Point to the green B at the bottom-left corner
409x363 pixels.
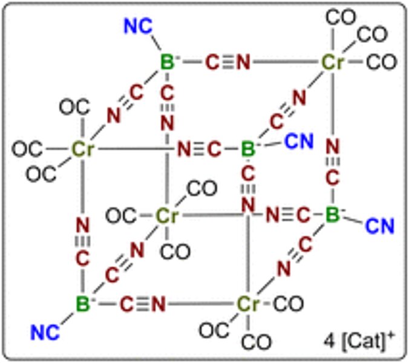(x=82, y=302)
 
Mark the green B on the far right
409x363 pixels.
(x=332, y=215)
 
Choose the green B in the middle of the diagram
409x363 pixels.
(x=247, y=148)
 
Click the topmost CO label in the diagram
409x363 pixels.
(x=341, y=16)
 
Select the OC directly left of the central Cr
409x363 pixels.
(x=120, y=215)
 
